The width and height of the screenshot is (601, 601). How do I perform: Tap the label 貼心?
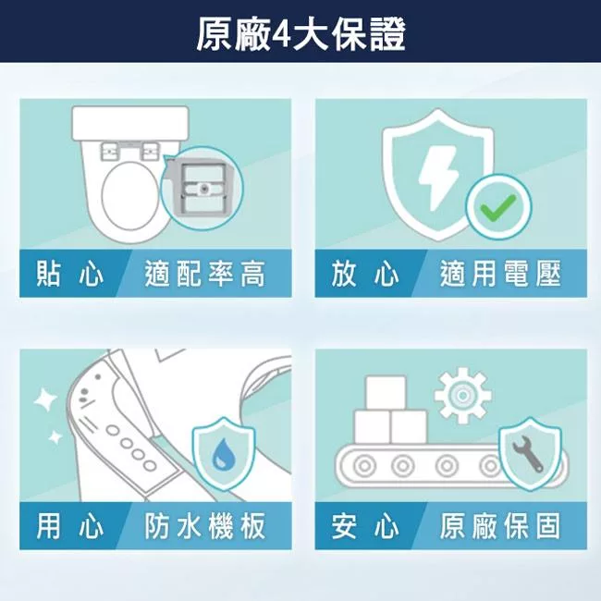click(69, 275)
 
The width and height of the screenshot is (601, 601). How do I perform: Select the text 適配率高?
click(205, 275)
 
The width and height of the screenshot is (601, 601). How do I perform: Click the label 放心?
click(365, 275)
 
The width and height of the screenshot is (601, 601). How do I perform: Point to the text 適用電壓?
click(500, 275)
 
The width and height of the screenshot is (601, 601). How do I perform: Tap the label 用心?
click(69, 527)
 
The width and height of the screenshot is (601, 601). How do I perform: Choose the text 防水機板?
click(205, 527)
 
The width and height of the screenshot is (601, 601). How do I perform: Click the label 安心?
click(365, 527)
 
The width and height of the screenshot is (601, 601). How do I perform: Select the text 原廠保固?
click(500, 527)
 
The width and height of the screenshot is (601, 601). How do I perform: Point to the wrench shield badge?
click(529, 454)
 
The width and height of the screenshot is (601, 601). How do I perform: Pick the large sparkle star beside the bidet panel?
click(43, 399)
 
